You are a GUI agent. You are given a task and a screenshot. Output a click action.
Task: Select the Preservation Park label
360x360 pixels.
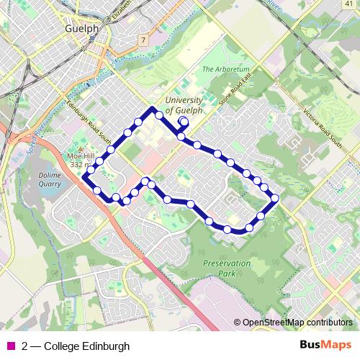click(227, 269)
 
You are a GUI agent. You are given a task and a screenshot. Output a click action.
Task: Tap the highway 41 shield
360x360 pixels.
click(348, 5)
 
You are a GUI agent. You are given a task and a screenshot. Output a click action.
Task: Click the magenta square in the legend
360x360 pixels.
click(10, 346)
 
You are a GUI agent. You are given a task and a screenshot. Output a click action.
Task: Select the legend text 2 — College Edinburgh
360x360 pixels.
click(76, 346)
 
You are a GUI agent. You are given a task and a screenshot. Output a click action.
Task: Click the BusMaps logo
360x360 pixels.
click(325, 345)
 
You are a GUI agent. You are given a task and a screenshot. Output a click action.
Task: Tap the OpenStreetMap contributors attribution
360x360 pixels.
click(297, 323)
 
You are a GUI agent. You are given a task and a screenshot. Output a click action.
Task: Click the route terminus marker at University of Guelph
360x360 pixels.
click(183, 122)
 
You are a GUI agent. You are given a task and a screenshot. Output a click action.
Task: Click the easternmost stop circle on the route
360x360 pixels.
click(274, 197)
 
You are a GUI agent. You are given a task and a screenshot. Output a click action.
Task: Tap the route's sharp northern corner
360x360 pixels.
click(153, 109)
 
